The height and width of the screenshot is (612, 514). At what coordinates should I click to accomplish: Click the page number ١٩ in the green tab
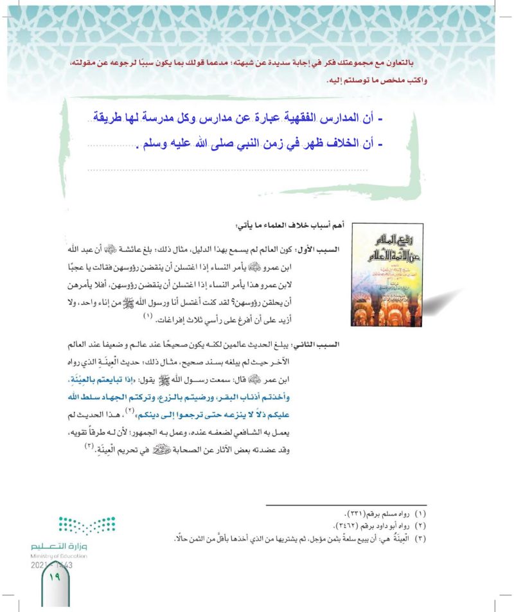coord(53,578)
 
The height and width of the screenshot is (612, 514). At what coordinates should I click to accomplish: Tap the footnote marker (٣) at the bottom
coord(421,537)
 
